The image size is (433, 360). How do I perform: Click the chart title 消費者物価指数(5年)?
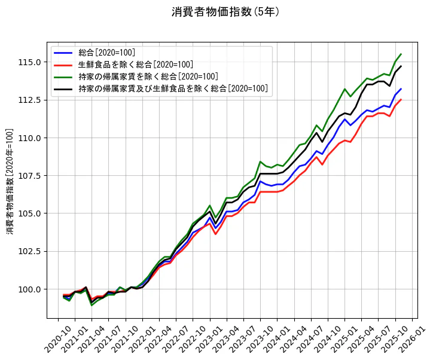(x=225, y=12)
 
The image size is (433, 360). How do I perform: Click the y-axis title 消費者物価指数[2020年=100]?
(x=10, y=181)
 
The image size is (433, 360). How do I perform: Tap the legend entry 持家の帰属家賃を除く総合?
(x=148, y=77)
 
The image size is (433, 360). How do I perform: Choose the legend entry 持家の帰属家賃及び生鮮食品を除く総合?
(x=173, y=89)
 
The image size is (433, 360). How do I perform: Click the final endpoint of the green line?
(x=401, y=54)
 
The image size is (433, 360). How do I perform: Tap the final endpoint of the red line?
(x=401, y=100)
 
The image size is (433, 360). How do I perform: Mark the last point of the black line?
(x=401, y=66)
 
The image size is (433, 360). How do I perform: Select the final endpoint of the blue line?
(x=401, y=89)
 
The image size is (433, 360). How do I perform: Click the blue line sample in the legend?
(x=63, y=53)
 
